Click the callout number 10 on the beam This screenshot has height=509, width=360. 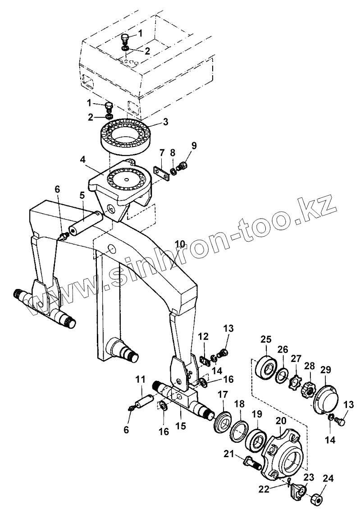180,244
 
